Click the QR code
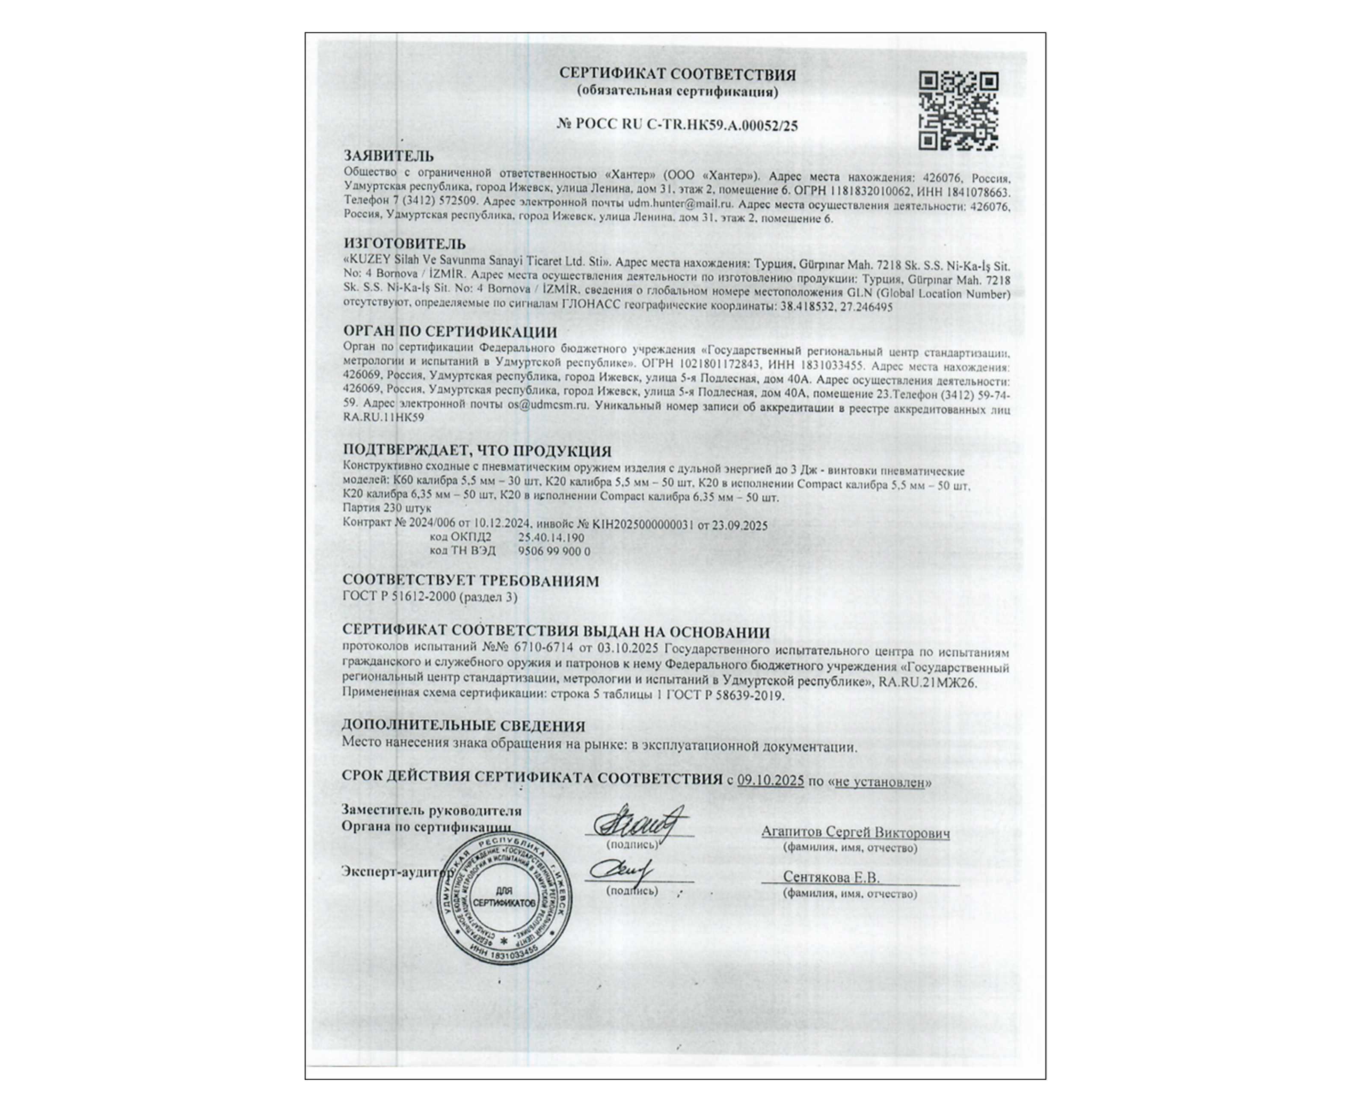958,112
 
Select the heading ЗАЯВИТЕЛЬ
388,156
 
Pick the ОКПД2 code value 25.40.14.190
551,538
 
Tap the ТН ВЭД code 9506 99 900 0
554,551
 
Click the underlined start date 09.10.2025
770,781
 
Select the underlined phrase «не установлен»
880,781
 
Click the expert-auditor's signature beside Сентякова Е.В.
620,870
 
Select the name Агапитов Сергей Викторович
855,832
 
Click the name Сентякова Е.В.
831,877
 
